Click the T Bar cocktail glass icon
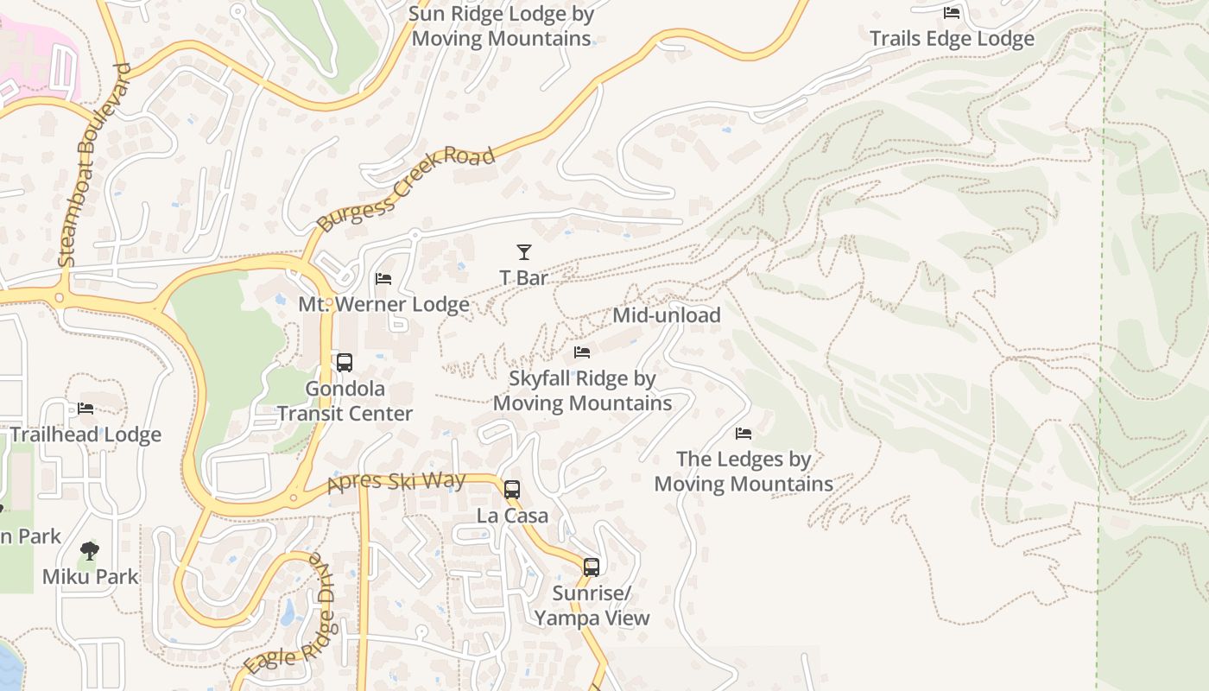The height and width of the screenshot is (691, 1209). [x=524, y=252]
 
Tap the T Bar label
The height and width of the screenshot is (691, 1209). [x=524, y=278]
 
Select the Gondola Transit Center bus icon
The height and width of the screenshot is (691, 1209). [x=345, y=363]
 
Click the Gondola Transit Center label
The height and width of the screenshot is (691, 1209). [x=345, y=402]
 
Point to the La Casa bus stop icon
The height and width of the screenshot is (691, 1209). [x=512, y=490]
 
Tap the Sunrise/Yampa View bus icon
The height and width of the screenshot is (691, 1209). [x=592, y=567]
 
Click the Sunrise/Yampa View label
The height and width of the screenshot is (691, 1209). [x=592, y=606]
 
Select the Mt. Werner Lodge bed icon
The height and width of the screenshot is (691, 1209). [x=383, y=279]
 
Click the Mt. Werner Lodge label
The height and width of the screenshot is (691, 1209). [x=383, y=305]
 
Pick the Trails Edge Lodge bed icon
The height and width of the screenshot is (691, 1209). [x=952, y=13]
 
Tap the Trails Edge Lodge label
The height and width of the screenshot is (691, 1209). [x=952, y=39]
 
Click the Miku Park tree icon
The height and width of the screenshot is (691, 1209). [x=90, y=551]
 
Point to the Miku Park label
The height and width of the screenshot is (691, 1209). [x=90, y=576]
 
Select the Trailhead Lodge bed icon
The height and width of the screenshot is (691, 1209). [x=85, y=409]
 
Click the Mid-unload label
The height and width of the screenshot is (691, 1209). [x=666, y=315]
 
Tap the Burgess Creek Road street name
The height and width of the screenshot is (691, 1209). [x=405, y=189]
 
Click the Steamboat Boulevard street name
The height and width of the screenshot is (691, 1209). [x=93, y=165]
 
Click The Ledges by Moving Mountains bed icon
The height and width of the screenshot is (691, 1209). [x=744, y=434]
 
